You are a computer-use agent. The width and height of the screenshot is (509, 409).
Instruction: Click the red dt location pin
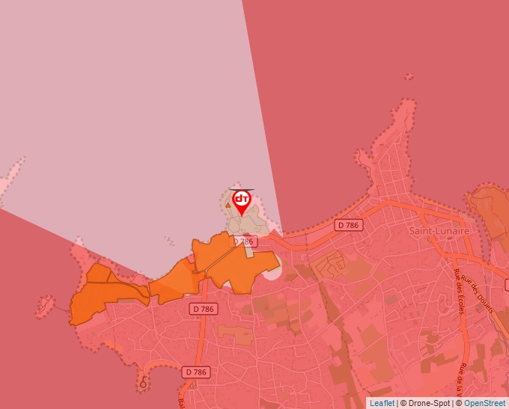point(241,201)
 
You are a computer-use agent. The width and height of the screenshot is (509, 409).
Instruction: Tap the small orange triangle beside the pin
point(228,204)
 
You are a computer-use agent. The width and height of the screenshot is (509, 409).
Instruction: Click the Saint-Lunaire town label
point(439,231)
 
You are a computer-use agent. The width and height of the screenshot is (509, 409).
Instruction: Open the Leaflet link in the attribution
point(382,403)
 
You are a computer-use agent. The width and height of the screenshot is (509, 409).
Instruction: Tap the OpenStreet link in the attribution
point(484,403)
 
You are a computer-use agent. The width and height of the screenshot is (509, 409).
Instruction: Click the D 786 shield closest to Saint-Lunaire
point(349,224)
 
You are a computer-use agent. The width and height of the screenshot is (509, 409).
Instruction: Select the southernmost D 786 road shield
point(196,372)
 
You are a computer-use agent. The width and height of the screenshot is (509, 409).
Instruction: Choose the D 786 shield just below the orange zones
point(204,308)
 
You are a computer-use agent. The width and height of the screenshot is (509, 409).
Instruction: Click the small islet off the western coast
point(46,304)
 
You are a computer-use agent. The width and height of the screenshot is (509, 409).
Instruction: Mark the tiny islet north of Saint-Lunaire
point(408,76)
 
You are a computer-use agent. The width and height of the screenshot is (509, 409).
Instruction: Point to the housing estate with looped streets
point(330,265)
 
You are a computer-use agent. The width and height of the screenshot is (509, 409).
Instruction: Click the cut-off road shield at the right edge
point(506,285)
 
